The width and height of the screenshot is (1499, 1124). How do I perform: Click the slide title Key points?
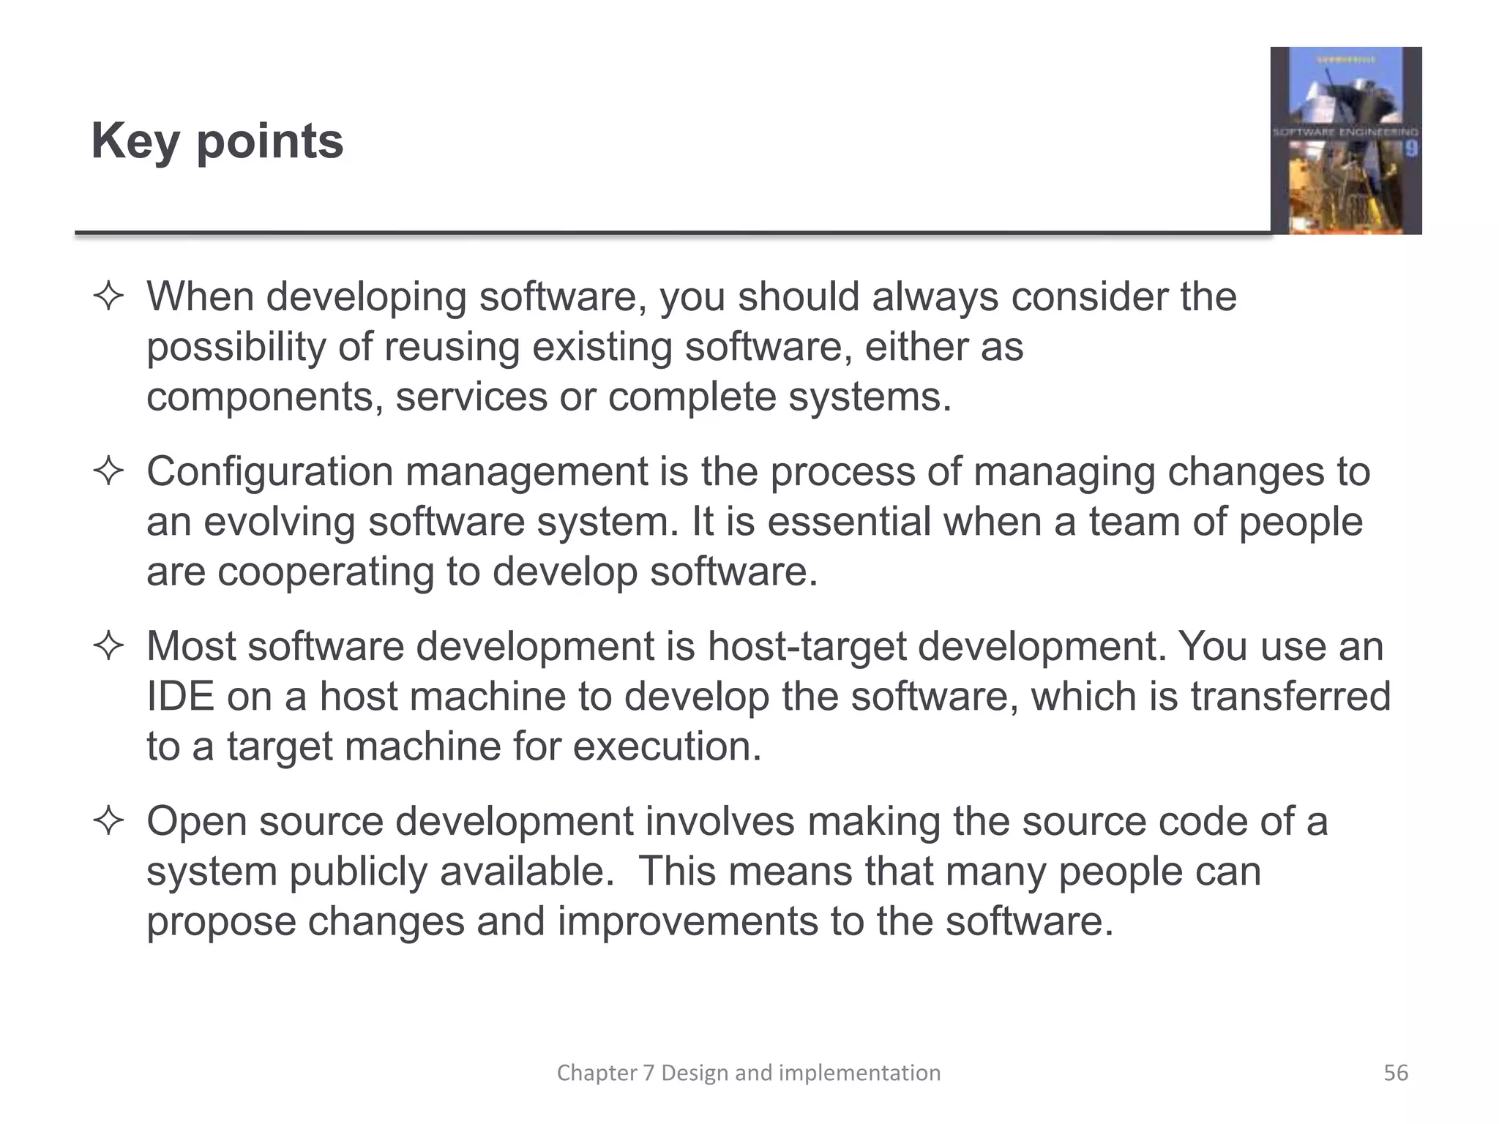(x=217, y=141)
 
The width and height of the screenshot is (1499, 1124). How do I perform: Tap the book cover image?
(x=1345, y=140)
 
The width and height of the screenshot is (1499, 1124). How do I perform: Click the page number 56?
(x=1395, y=1073)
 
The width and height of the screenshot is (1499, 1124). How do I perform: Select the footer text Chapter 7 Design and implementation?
(x=748, y=1073)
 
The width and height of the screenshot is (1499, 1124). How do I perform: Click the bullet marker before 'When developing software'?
(x=108, y=298)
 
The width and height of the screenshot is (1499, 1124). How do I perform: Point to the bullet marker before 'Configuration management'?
(x=108, y=473)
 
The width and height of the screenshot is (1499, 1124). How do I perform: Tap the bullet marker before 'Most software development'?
(x=108, y=648)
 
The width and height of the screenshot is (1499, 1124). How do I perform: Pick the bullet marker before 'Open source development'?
(x=108, y=822)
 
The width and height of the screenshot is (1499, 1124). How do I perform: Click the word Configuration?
(x=269, y=472)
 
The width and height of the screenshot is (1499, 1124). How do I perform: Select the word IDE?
(x=180, y=697)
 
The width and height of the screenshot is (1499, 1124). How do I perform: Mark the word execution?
(x=667, y=746)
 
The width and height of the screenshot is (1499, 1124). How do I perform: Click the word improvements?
(x=687, y=921)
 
